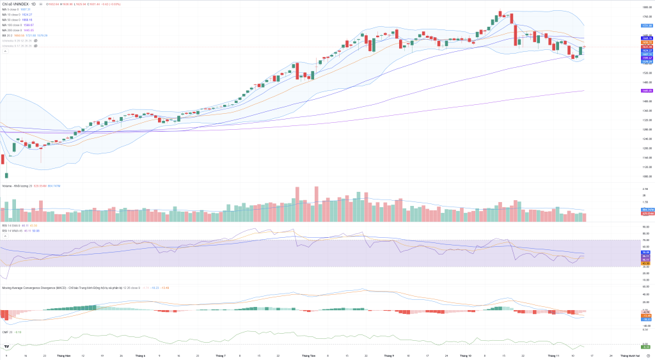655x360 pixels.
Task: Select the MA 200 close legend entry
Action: point(14,30)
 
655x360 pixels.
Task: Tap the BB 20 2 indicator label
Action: point(8,35)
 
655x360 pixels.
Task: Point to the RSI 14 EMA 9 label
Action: point(13,225)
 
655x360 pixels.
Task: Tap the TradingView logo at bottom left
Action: point(6,347)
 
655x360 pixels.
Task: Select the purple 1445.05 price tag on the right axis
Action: point(646,91)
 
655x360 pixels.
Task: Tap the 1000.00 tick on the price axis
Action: point(646,176)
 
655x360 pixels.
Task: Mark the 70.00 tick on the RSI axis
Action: point(646,240)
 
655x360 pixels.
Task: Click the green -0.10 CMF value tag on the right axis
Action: point(646,347)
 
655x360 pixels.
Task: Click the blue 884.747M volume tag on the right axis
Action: point(646,209)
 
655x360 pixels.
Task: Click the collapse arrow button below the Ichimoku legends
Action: point(5,51)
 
